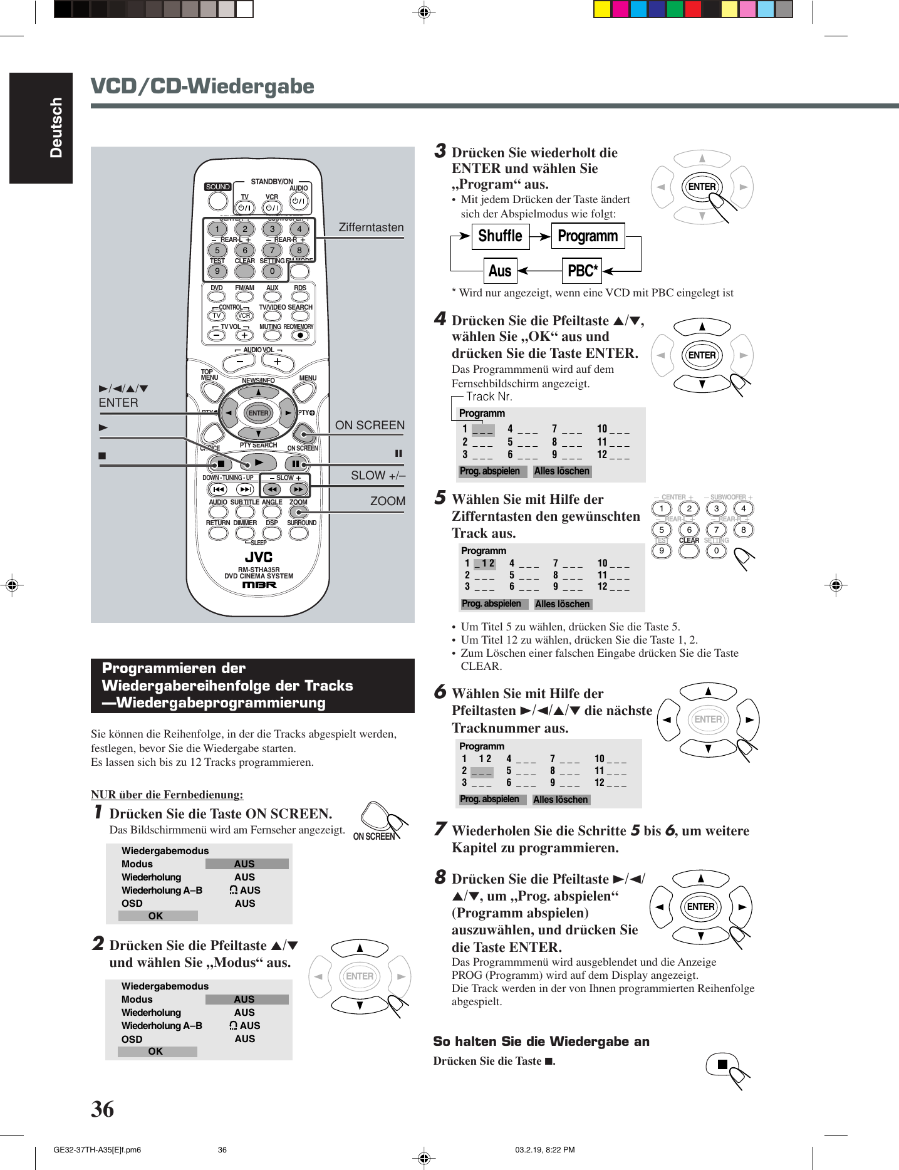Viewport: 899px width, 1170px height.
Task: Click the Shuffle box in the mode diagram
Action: click(x=500, y=236)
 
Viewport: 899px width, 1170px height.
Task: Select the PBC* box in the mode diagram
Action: click(x=582, y=271)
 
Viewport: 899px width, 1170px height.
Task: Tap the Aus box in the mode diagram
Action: click(x=500, y=271)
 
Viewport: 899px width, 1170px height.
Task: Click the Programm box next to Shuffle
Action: click(x=588, y=236)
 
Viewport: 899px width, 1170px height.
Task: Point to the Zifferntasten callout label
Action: click(x=371, y=227)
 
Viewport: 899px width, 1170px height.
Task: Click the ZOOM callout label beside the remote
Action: click(x=387, y=501)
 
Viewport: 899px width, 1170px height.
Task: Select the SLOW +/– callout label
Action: click(x=378, y=475)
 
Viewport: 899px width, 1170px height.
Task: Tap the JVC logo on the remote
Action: click(x=259, y=556)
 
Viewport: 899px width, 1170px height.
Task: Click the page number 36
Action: click(x=103, y=1109)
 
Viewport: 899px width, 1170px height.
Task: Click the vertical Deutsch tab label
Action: click(x=56, y=127)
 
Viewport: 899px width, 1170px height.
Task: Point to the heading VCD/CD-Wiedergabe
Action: click(x=202, y=86)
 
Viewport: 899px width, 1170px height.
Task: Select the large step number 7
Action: click(x=440, y=829)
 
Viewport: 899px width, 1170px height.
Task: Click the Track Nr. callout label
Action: click(x=489, y=396)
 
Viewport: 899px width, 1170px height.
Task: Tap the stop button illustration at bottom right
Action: click(x=722, y=1064)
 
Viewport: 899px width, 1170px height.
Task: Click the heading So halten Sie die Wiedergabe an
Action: click(x=541, y=1041)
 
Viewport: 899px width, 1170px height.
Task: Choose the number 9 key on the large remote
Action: click(x=217, y=271)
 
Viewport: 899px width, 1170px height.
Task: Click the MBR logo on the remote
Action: click(x=259, y=585)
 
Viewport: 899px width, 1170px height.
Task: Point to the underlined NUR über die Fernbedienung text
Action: click(x=167, y=795)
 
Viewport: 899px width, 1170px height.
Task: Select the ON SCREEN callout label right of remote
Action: click(x=370, y=425)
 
